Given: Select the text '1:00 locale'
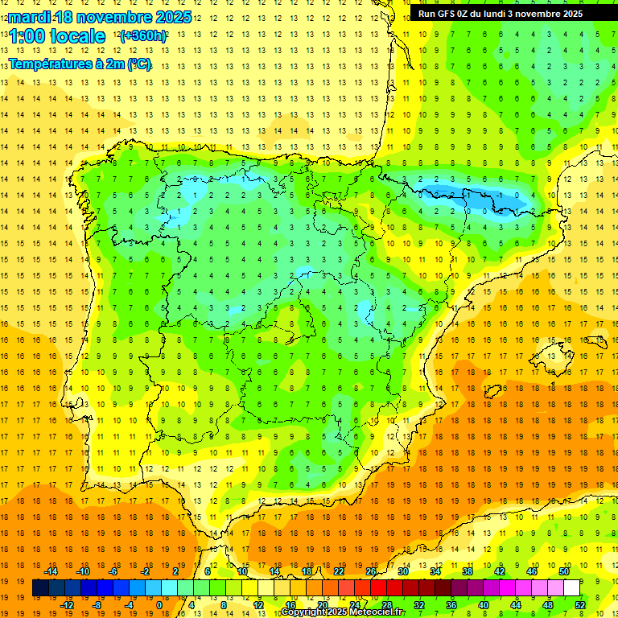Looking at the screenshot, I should (57, 36).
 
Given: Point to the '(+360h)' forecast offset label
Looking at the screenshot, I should (143, 36).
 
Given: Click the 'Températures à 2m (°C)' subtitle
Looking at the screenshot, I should (80, 64).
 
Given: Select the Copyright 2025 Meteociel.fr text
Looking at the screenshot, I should (343, 612).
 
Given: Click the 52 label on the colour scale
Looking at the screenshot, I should (580, 605).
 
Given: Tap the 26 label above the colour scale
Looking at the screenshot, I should (371, 571).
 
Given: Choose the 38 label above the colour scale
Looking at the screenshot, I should (468, 571).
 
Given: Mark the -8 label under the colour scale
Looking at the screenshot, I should (97, 605).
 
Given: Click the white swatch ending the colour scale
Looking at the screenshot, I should (571, 588).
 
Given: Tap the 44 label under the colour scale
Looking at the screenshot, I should (516, 605).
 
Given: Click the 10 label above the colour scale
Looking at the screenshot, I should (242, 571).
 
